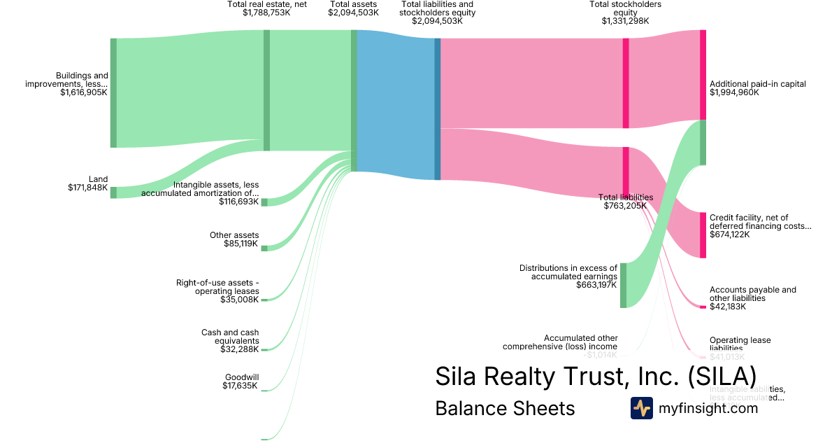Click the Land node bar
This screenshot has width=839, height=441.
coord(113,192)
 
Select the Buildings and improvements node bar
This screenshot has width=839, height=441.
coord(113,93)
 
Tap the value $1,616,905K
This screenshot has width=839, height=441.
coord(84,92)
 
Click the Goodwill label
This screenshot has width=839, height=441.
coord(242,377)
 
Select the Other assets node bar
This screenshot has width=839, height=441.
coord(264,248)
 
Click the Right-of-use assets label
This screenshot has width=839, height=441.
coord(217,287)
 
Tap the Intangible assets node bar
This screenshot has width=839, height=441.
coord(264,202)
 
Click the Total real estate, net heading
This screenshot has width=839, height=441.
coord(267,4)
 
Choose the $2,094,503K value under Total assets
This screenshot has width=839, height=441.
coord(353,13)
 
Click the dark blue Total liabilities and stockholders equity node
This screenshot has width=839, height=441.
coord(438,108)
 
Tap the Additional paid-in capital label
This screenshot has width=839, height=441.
coord(757,84)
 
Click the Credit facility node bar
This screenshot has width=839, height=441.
coord(703,234)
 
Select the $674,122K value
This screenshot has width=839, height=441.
coord(729,234)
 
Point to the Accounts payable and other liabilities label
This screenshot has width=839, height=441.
coord(752,294)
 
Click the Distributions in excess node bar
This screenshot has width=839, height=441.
coord(623,285)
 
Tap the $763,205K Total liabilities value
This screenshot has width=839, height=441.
coord(625,206)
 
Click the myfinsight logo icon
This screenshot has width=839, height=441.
coord(641,408)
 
